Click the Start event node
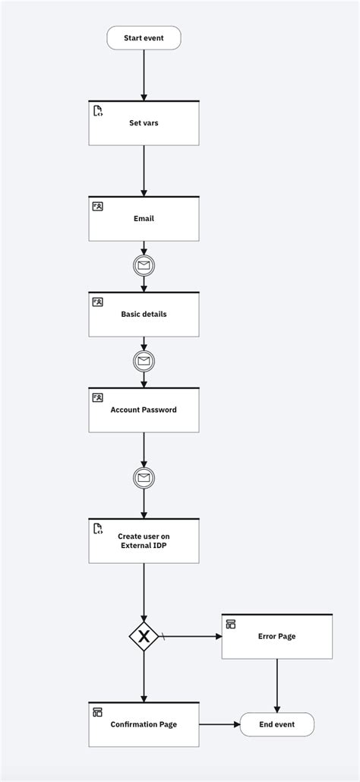[144, 38]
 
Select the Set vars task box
[144, 123]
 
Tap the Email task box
[144, 219]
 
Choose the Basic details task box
[144, 315]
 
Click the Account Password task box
[144, 410]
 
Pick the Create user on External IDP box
[144, 541]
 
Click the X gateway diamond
[144, 636]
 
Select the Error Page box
[276, 636]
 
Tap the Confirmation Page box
[144, 724]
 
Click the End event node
[276, 724]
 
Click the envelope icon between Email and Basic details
[144, 265]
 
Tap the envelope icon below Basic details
[144, 361]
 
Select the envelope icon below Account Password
[144, 477]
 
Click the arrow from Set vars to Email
[144, 170]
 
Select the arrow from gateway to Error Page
[190, 636]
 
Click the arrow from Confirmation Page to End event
[219, 724]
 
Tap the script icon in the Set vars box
[98, 111]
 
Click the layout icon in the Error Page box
[231, 624]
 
